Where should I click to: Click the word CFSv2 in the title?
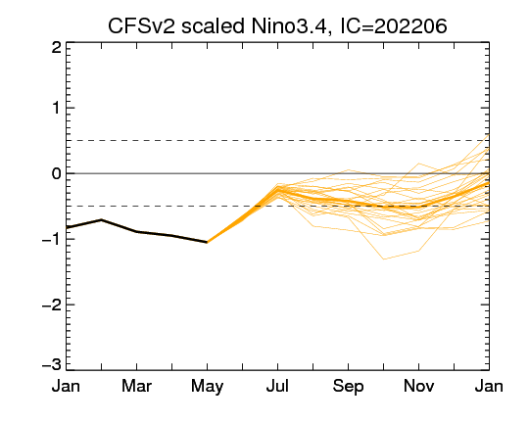coord(141,26)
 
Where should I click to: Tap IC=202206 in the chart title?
coord(394,26)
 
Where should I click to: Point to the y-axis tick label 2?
coord(57,48)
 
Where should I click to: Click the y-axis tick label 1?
coord(57,109)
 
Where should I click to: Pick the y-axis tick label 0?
coord(57,173)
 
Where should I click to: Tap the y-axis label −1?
coord(52,239)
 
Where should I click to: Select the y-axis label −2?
coord(52,305)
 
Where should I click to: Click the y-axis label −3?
coord(52,364)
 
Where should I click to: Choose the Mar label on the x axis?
coord(136,386)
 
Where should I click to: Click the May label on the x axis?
coord(207,387)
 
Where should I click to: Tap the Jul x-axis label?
coord(277,386)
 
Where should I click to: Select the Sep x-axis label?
coord(348,387)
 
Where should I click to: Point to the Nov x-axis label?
coord(418,386)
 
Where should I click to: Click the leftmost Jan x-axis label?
coord(67,386)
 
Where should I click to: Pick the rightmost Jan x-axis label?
coord(489,386)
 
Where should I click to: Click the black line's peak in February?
coord(101,219)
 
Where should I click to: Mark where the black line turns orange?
coord(207,242)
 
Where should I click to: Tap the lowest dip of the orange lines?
coord(384,259)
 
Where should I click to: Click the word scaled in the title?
coord(213,26)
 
